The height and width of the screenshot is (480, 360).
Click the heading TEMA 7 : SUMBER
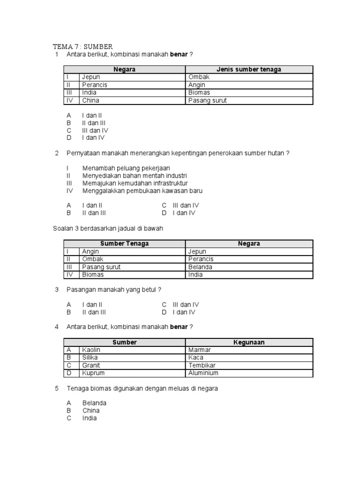[x=82, y=46]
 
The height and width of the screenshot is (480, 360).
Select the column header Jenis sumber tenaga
[x=248, y=69]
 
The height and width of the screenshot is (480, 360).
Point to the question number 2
[x=57, y=153]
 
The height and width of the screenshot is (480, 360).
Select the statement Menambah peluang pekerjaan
[x=126, y=168]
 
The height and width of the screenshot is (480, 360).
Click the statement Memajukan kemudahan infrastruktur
[x=135, y=183]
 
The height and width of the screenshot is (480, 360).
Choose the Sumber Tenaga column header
[x=124, y=244]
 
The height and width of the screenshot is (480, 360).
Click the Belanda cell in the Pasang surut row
[x=200, y=267]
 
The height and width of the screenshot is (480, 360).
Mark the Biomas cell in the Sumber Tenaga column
[x=93, y=275]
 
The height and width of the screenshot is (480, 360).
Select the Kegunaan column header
[x=249, y=342]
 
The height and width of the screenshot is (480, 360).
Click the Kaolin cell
[x=91, y=350]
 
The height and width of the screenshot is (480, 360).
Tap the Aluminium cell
[x=203, y=373]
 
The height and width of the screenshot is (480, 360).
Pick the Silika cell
[x=91, y=358]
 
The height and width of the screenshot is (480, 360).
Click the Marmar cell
[x=199, y=350]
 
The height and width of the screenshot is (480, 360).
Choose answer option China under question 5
[x=91, y=411]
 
